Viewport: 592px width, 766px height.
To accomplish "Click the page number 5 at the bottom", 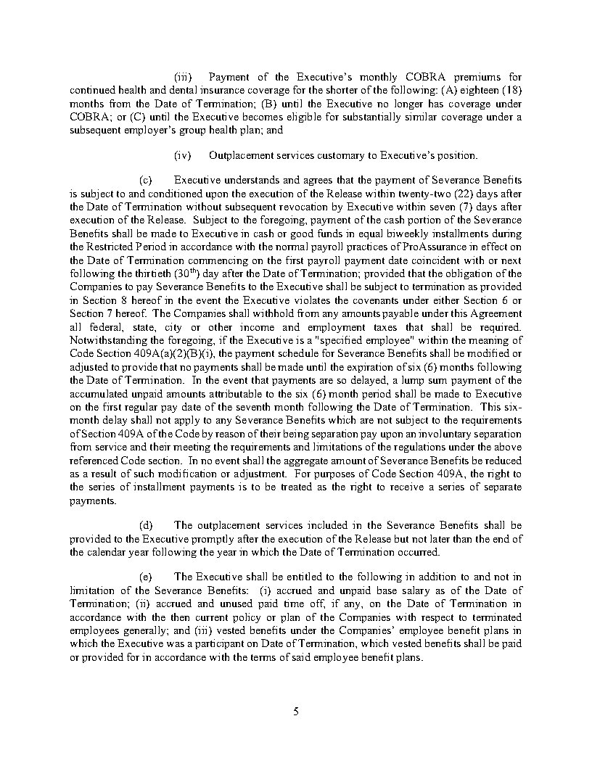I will tap(296, 711).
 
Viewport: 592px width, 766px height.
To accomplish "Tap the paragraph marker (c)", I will tap(145, 179).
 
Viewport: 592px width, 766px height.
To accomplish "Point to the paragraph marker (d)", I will tap(145, 525).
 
